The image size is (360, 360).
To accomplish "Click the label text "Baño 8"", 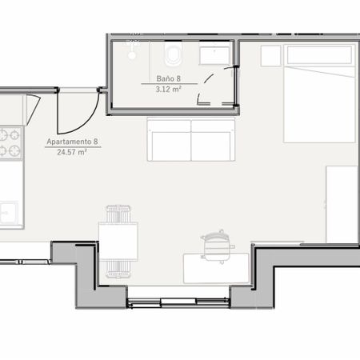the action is click(169, 78).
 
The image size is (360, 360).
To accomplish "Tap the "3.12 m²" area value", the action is click(169, 89).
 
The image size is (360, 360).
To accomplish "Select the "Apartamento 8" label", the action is click(72, 142).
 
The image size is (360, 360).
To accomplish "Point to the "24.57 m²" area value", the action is click(72, 152).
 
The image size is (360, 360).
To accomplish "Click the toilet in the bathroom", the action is click(174, 54).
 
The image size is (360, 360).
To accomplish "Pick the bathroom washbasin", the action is click(214, 55).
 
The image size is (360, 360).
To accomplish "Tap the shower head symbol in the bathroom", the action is click(132, 50).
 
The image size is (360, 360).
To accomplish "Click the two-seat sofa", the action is click(191, 140).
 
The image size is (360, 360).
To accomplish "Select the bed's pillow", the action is click(319, 55).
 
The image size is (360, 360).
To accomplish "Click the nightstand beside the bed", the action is click(270, 56).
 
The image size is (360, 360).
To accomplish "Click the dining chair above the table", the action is click(118, 214).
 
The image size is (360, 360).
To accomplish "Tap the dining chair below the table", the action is click(118, 270).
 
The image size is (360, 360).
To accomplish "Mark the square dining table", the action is click(118, 241).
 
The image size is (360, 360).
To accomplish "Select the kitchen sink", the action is click(9, 213).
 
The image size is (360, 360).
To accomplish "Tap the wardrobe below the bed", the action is click(342, 204).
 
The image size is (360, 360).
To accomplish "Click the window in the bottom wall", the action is click(178, 302).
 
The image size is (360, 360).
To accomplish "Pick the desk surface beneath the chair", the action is click(216, 269).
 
